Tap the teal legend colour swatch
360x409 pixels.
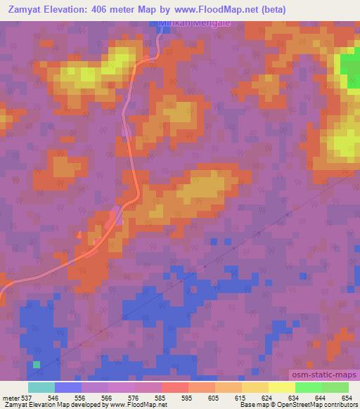(x=41, y=387)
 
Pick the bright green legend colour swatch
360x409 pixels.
(x=309, y=387)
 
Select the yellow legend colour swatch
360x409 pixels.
(x=282, y=387)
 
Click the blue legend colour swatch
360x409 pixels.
(x=68, y=387)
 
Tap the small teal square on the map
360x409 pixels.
(x=37, y=364)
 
